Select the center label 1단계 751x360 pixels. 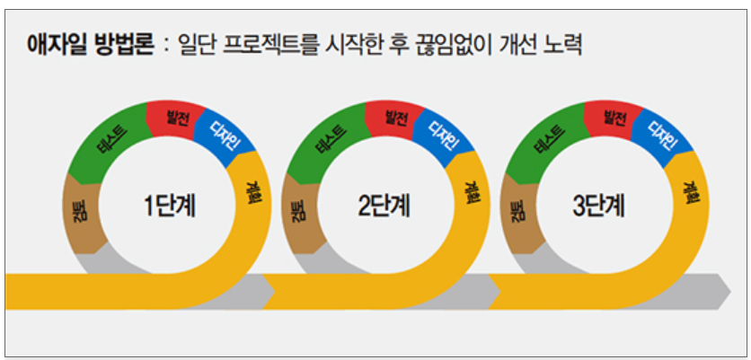[x=170, y=206]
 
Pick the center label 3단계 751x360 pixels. [x=600, y=206]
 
